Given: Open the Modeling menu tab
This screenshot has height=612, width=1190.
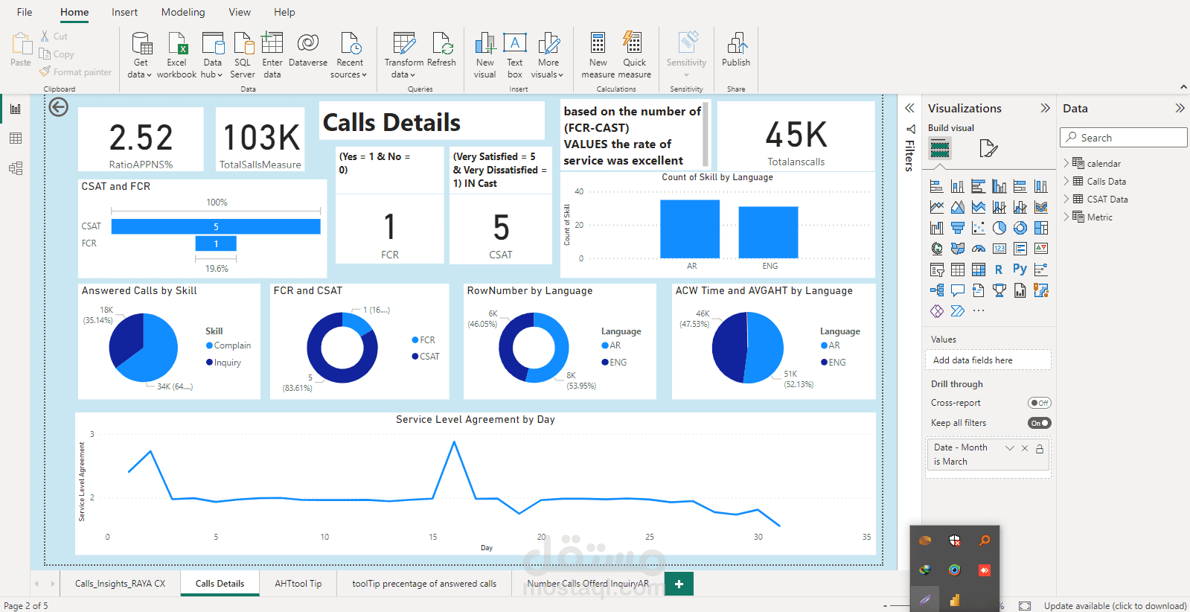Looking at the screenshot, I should [x=182, y=12].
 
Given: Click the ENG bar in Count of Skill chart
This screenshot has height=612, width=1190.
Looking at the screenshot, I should [x=768, y=232].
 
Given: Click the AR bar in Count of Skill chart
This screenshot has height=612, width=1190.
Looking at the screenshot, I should [x=690, y=229].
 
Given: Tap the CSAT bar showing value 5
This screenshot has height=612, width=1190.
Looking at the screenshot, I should [x=216, y=226].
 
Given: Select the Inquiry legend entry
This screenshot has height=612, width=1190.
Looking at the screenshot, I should [x=227, y=363].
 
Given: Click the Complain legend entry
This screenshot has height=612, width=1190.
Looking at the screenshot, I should [x=231, y=345].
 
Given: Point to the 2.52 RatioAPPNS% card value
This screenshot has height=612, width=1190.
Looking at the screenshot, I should [x=141, y=138].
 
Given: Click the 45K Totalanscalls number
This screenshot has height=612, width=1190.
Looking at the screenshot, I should [x=796, y=135].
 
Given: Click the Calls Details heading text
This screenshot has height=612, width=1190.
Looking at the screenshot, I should [x=391, y=122].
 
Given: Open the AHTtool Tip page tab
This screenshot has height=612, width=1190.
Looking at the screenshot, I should [x=298, y=584].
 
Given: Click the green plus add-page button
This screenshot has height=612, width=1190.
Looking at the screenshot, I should [x=679, y=584].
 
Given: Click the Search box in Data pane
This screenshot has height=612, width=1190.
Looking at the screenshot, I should [x=1123, y=138].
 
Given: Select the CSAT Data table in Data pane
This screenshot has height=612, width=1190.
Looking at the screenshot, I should [x=1107, y=199].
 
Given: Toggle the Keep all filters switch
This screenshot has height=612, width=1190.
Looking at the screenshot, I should [x=1039, y=423].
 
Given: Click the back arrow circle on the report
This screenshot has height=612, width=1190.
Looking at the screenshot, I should [x=58, y=107].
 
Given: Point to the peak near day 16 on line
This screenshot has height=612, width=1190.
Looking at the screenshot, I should [x=454, y=442].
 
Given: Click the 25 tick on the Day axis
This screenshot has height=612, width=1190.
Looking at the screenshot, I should [x=650, y=537].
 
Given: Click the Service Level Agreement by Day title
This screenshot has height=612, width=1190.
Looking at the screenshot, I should [x=475, y=419].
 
